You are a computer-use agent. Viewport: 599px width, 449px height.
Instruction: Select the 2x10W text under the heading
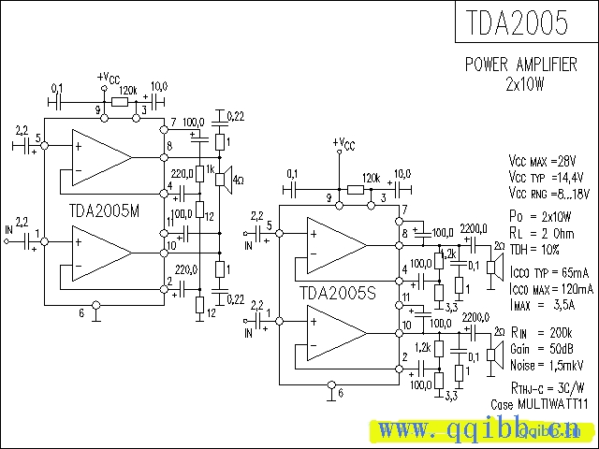tap(524, 82)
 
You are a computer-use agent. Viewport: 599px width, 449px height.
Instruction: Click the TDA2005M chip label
tap(105, 210)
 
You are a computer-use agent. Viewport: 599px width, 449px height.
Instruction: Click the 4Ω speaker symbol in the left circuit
tap(226, 178)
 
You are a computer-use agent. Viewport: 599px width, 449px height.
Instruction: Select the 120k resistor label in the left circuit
tap(128, 89)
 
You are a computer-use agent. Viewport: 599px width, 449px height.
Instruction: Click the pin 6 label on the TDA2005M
tap(81, 313)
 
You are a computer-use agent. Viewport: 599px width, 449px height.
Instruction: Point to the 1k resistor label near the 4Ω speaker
tap(212, 167)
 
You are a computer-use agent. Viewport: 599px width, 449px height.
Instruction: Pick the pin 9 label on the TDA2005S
tap(329, 198)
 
